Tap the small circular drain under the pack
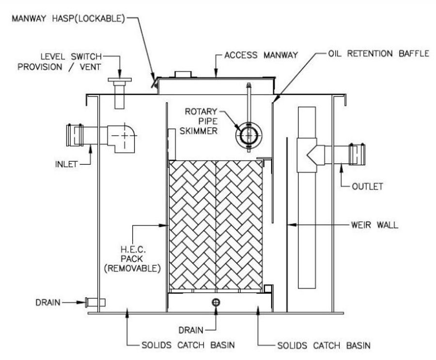click(x=216, y=302)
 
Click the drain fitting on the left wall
click(x=95, y=302)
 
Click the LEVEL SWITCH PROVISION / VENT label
click(x=63, y=62)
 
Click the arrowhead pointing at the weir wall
click(x=291, y=225)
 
